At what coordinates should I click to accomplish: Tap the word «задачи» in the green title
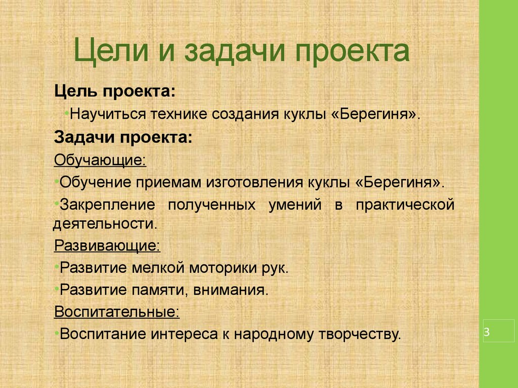(x=235, y=51)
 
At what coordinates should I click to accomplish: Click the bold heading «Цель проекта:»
(x=115, y=91)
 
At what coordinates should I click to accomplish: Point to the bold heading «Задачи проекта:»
(x=123, y=137)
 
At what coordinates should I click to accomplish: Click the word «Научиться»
(x=108, y=114)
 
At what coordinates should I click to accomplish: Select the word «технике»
(x=179, y=114)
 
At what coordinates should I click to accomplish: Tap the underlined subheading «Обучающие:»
(x=100, y=160)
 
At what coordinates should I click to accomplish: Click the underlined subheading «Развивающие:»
(x=107, y=246)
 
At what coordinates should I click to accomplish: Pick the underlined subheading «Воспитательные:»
(x=117, y=311)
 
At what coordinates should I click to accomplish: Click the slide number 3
(x=487, y=331)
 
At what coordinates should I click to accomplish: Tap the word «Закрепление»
(x=107, y=205)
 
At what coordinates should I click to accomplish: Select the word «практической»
(x=405, y=205)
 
